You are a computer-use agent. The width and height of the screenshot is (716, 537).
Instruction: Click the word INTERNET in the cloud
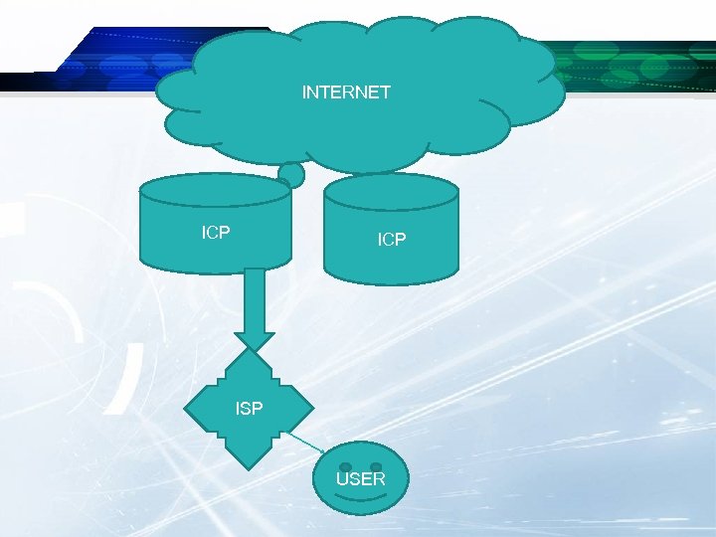346,92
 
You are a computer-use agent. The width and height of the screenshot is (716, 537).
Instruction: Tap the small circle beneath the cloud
291,176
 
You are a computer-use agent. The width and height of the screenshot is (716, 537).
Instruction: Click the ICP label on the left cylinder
216,233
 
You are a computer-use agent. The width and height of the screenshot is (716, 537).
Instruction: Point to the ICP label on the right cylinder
392,240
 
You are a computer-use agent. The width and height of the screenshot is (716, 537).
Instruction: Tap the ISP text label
249,408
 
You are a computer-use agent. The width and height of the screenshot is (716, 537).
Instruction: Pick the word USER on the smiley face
360,479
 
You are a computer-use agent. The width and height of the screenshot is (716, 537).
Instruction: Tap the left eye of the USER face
344,466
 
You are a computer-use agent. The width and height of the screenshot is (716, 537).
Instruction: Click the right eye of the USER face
376,466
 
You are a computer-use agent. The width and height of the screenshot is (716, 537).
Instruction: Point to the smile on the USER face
360,497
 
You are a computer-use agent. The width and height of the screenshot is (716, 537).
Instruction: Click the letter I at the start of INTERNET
304,92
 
